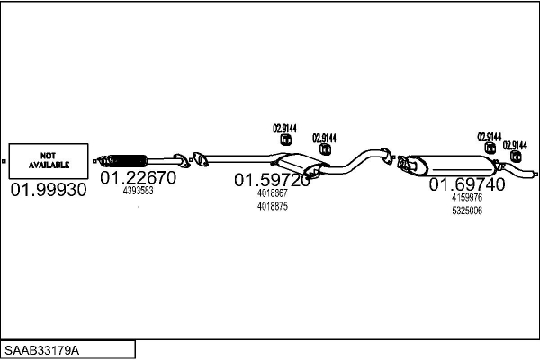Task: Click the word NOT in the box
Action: tap(48, 156)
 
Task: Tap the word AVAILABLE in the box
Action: tap(49, 165)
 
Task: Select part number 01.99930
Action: tap(49, 190)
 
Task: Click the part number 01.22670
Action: tap(138, 178)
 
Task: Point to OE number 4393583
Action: tap(138, 191)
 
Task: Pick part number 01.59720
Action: tap(272, 180)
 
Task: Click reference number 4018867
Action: tap(272, 193)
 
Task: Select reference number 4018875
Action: tap(273, 206)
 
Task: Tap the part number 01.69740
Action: tap(467, 184)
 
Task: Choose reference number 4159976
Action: tap(467, 197)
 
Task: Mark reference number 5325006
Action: tap(467, 211)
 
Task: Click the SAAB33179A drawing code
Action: tap(41, 350)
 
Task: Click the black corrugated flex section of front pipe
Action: tap(128, 161)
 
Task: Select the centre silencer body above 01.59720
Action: tap(299, 163)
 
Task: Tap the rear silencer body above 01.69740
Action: tap(451, 165)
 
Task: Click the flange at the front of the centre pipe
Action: tap(200, 159)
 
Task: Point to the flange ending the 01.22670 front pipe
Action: tap(182, 160)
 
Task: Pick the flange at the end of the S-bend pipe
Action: tap(386, 157)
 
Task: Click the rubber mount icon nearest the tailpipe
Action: tap(515, 157)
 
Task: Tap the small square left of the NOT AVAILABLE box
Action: tap(4, 161)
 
